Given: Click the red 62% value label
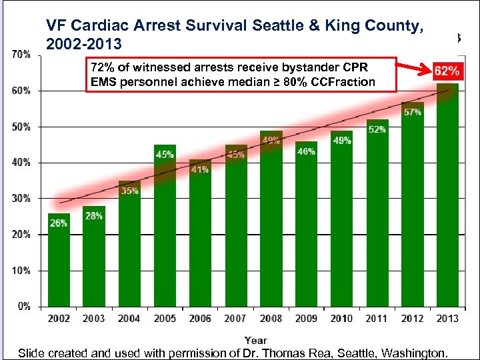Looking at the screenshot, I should pyautogui.click(x=447, y=71).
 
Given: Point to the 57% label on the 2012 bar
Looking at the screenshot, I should pyautogui.click(x=412, y=112).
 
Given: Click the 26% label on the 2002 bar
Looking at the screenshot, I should pyautogui.click(x=58, y=223).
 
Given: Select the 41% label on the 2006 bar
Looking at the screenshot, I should pyautogui.click(x=199, y=169).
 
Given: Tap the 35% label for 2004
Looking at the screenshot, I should pyautogui.click(x=129, y=191).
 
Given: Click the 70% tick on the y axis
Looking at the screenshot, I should pyautogui.click(x=22, y=54).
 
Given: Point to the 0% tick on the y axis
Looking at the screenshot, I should pyautogui.click(x=24, y=307).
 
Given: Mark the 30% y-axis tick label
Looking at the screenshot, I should pyautogui.click(x=22, y=199).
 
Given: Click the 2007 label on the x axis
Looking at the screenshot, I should pyautogui.click(x=235, y=319).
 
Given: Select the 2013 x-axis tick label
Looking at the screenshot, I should pyautogui.click(x=447, y=319).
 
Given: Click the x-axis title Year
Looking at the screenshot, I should pyautogui.click(x=256, y=340).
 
